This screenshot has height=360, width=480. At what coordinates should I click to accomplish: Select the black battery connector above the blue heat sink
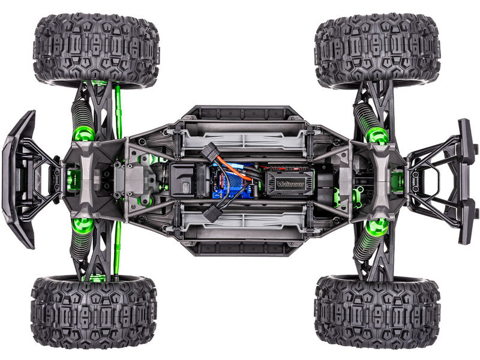[211, 154]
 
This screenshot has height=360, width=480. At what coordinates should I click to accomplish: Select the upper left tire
[96, 50]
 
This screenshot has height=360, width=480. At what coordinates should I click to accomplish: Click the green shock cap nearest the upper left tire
[83, 133]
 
